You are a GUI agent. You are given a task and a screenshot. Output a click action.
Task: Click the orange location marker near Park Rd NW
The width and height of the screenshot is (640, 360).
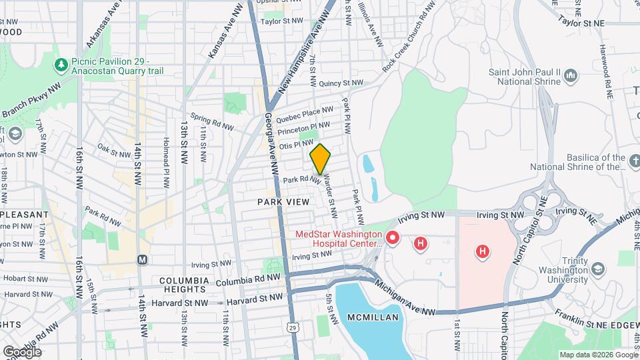click(320, 159)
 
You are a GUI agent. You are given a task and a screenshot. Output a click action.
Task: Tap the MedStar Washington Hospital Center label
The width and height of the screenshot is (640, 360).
click(338, 239)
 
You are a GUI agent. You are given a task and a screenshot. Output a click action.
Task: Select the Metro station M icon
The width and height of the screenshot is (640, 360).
click(141, 259)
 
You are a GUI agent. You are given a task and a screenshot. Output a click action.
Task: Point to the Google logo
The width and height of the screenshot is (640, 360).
click(22, 351)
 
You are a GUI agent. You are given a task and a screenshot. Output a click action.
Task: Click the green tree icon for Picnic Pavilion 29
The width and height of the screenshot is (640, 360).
click(61, 63)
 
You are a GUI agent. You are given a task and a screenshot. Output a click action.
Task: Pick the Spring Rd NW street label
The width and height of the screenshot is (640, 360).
click(212, 121)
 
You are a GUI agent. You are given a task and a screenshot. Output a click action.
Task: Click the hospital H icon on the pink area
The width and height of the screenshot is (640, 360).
click(482, 251)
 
